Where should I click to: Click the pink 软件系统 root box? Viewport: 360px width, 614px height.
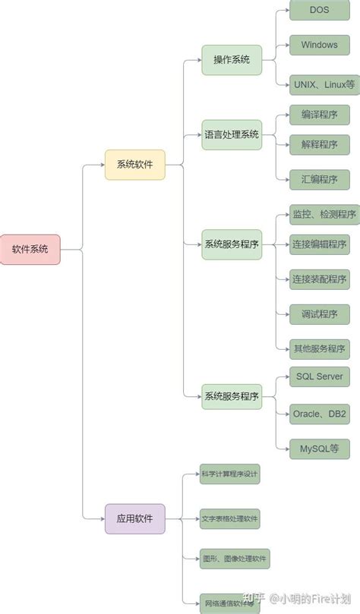(x=30, y=249)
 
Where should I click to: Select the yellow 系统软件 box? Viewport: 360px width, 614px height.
(x=134, y=165)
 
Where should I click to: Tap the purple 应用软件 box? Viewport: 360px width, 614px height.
(x=134, y=519)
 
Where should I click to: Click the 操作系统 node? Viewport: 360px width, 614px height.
(x=231, y=60)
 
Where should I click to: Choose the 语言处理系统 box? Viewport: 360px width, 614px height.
(x=231, y=134)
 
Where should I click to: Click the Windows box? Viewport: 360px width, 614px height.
(x=319, y=46)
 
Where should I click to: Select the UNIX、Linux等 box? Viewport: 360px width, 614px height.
(x=324, y=85)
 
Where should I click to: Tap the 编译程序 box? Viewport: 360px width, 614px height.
(x=319, y=115)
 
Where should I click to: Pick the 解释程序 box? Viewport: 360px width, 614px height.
(x=319, y=144)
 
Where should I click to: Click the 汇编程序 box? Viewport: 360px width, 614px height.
(x=319, y=180)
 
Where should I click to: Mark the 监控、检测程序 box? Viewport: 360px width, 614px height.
(x=324, y=215)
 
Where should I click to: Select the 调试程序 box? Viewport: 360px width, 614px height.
(x=319, y=313)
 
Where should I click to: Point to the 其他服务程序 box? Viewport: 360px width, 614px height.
(x=319, y=349)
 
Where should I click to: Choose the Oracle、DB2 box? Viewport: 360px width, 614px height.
(x=319, y=414)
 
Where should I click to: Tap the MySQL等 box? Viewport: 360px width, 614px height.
(x=319, y=448)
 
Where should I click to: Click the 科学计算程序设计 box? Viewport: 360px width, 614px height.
(x=229, y=475)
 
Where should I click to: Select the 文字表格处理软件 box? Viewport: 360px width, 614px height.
(x=229, y=519)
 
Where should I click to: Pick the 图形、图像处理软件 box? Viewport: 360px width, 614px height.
(x=234, y=560)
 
